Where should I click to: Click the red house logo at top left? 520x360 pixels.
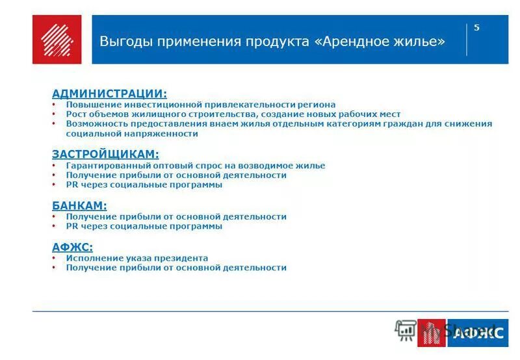click(x=57, y=40)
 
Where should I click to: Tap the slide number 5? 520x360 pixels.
click(x=476, y=27)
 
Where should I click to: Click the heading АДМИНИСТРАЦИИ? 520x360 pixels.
click(x=109, y=94)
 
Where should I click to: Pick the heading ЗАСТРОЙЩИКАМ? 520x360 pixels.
click(x=105, y=155)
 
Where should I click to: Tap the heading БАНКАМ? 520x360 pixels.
click(x=79, y=205)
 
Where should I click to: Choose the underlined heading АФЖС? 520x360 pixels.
click(x=72, y=247)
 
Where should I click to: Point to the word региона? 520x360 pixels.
click(x=317, y=105)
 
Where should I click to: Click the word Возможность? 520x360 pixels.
click(x=95, y=124)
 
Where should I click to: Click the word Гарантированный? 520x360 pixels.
click(x=106, y=166)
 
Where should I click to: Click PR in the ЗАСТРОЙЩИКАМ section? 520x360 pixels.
click(x=71, y=185)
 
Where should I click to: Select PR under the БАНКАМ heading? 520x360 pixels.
click(x=71, y=226)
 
